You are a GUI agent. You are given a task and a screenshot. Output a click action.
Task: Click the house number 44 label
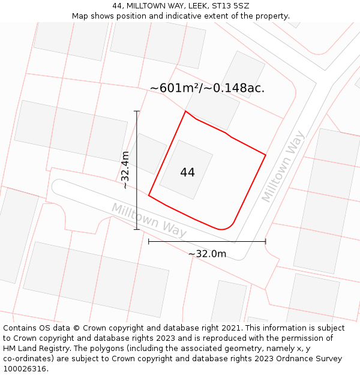[x=187, y=172]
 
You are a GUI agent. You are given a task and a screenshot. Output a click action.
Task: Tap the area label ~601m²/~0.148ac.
[x=207, y=88]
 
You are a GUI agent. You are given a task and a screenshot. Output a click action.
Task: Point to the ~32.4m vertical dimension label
[x=125, y=170]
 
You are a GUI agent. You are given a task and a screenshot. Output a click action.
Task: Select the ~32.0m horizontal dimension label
[x=207, y=254]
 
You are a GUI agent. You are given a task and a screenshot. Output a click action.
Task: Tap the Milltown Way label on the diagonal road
[x=283, y=166]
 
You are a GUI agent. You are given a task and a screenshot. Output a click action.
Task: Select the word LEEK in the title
[x=181, y=6]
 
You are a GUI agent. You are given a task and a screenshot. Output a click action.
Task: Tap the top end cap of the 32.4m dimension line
[x=137, y=111]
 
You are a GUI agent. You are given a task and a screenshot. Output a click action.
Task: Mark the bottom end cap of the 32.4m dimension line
[x=137, y=229]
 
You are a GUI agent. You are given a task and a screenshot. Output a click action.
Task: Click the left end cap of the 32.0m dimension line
[x=149, y=241]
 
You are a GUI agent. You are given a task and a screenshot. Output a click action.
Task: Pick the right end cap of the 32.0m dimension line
[x=265, y=241]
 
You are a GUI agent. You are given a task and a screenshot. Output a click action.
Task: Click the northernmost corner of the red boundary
[x=185, y=111]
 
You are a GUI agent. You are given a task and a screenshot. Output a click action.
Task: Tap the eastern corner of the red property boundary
[x=265, y=155]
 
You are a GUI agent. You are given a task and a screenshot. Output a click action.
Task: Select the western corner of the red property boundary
[x=149, y=195]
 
